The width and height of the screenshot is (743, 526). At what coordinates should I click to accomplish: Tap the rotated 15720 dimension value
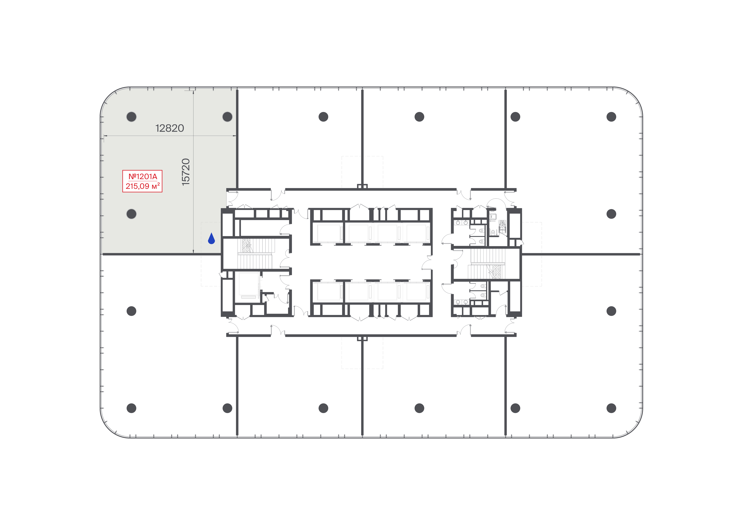pyautogui.click(x=186, y=172)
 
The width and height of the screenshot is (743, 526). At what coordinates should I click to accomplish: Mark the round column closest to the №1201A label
pyautogui.click(x=131, y=214)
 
